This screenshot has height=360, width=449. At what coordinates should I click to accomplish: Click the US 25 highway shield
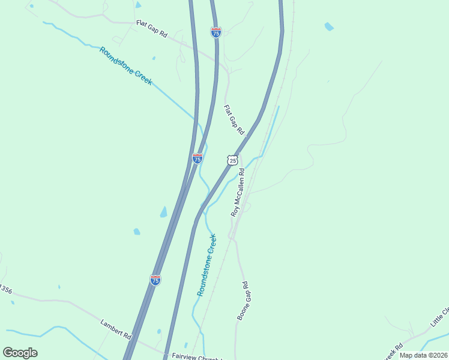(x=233, y=160)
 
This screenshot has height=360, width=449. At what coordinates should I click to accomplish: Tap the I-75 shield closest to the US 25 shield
(x=197, y=158)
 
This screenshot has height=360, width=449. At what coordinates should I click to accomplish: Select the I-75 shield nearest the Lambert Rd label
(x=155, y=280)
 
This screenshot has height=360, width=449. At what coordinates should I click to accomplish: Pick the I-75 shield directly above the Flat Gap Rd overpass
(x=216, y=32)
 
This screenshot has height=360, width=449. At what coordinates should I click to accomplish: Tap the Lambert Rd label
(x=116, y=329)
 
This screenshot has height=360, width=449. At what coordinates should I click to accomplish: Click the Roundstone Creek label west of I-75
(x=126, y=65)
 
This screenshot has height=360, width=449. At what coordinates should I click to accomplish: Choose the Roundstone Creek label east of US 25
(x=206, y=265)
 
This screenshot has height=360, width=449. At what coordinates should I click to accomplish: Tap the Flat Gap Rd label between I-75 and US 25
(x=234, y=119)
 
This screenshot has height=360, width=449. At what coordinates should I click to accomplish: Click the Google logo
(x=20, y=353)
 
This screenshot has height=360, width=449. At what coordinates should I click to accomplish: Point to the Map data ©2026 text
(x=423, y=355)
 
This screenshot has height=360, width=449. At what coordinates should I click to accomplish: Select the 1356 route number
(x=5, y=289)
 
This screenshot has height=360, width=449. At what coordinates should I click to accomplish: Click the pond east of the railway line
(x=328, y=26)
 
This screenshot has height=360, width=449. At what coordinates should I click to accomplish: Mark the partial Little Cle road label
(x=439, y=318)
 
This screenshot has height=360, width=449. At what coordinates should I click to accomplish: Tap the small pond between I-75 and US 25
(x=158, y=331)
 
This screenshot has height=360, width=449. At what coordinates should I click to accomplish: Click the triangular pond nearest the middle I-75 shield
(x=163, y=212)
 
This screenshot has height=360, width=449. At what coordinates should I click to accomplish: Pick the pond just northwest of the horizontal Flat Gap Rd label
(x=138, y=5)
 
